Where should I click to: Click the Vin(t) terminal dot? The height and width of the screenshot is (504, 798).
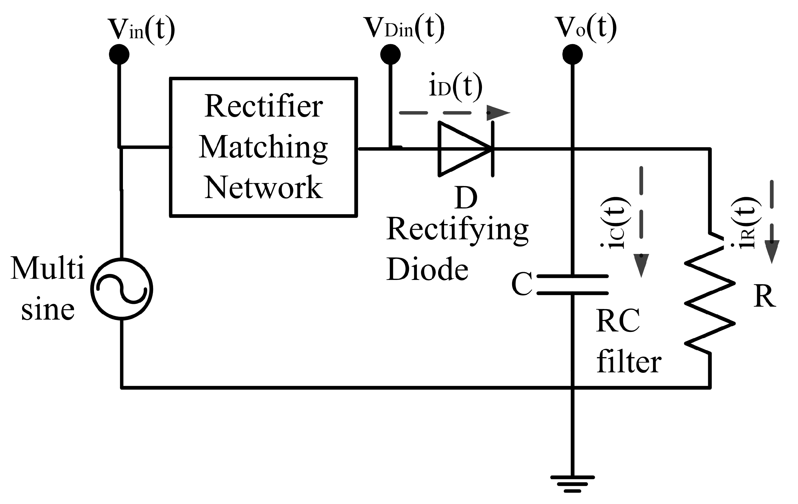(119, 54)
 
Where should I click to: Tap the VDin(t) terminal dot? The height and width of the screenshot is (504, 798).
(390, 54)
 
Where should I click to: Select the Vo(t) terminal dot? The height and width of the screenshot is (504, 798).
(572, 54)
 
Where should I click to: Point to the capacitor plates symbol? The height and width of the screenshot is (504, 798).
(572, 285)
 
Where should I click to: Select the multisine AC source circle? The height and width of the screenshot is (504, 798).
(122, 289)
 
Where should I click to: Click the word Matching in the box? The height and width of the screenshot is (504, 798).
(264, 147)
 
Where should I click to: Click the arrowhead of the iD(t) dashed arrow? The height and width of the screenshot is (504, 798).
(498, 113)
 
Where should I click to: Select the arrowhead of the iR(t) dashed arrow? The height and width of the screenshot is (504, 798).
(772, 252)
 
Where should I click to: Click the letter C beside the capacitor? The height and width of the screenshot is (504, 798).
(522, 284)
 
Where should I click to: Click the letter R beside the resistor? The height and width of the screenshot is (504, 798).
(765, 296)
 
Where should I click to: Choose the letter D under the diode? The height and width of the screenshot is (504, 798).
(466, 198)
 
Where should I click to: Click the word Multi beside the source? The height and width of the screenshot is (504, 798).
(48, 268)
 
